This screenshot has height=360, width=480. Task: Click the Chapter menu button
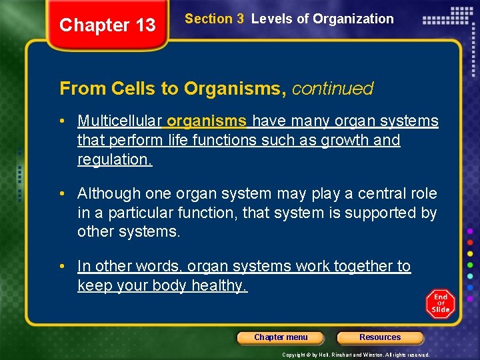tap(281, 337)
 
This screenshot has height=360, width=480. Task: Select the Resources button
tap(380, 337)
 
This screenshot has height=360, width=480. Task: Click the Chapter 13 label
tap(107, 25)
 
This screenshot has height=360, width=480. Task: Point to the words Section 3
tap(214, 19)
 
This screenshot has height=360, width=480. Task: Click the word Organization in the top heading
tap(355, 19)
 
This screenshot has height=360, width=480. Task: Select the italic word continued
tap(332, 88)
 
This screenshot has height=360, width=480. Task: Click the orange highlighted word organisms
tap(207, 121)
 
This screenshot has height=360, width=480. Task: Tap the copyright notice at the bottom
tap(356, 355)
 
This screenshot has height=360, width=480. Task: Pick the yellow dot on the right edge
tap(471, 253)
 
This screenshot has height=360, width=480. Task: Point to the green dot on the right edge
tap(471, 265)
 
